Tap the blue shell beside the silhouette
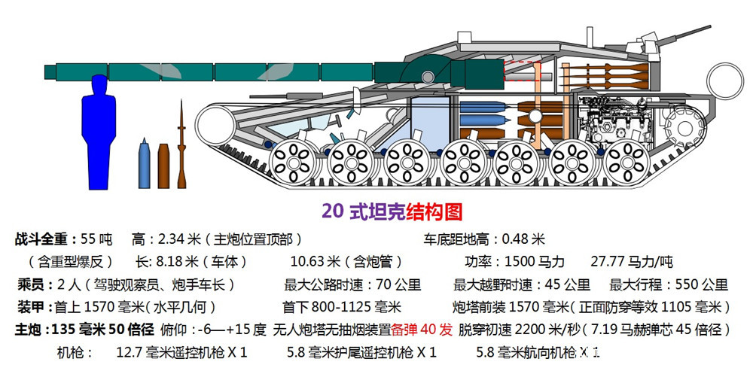[145, 163]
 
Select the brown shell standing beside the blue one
[163, 164]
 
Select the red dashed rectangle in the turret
[521, 71]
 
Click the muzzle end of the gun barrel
[49, 71]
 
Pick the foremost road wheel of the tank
[291, 160]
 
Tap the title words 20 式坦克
[363, 211]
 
